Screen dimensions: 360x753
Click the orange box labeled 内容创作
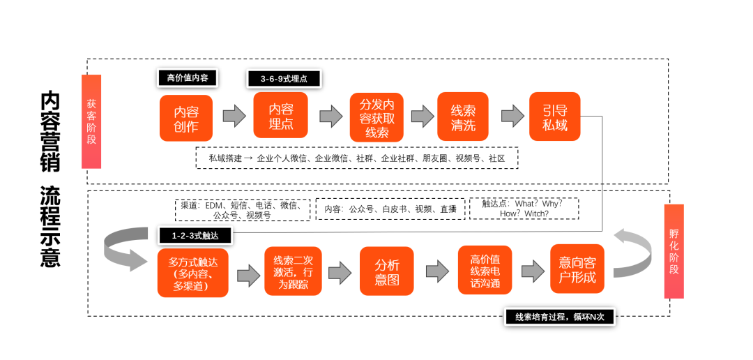[185, 119]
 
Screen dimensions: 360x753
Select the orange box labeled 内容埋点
[281, 116]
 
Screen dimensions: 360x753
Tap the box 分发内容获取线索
[376, 117]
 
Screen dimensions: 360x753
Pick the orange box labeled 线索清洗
[463, 117]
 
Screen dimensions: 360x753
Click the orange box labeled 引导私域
[554, 117]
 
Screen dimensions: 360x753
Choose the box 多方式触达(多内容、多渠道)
[193, 273]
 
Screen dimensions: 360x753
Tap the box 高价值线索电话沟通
[485, 270]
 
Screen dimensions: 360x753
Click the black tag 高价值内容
[188, 77]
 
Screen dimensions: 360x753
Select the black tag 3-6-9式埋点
[284, 79]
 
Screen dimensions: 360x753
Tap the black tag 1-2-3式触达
[195, 236]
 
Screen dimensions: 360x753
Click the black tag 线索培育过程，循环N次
[559, 317]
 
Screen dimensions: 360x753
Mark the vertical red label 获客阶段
[91, 121]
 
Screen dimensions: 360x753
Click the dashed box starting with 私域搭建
[356, 158]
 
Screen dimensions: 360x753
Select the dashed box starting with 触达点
[524, 209]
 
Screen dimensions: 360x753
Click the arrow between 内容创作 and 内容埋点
[234, 115]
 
